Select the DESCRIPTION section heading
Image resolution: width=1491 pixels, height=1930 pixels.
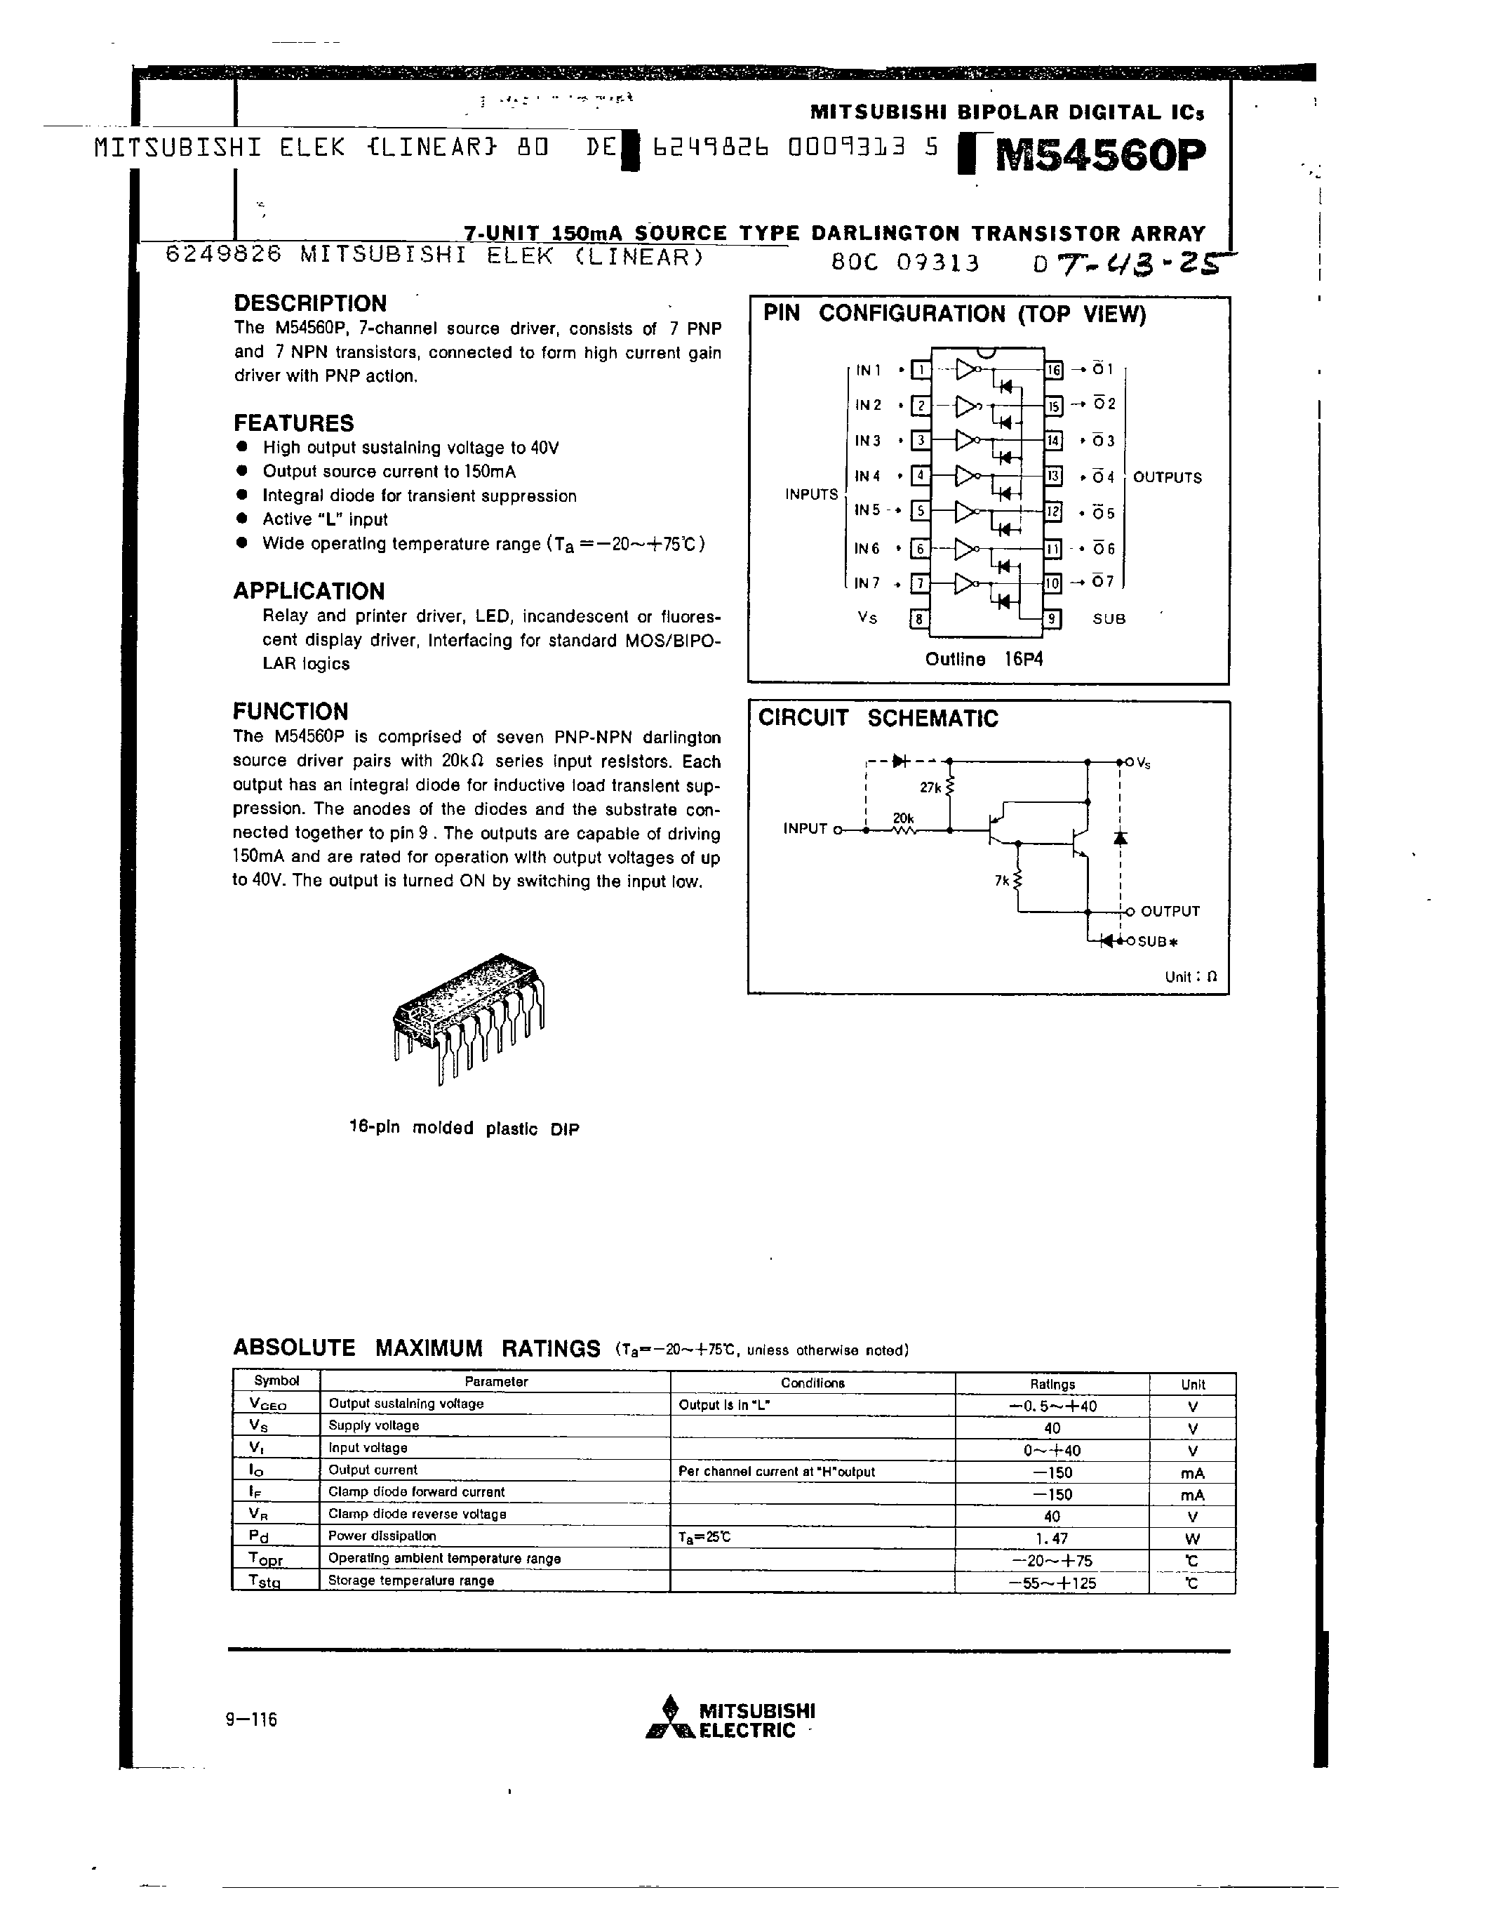click(x=310, y=303)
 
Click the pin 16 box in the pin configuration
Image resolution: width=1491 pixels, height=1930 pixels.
click(x=1054, y=371)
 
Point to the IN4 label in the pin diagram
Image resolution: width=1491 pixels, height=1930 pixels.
click(x=867, y=477)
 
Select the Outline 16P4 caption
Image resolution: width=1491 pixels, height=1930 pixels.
click(x=984, y=659)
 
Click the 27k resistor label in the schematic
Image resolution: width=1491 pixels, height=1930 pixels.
click(x=930, y=787)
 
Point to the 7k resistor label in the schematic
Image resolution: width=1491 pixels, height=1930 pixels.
click(x=1001, y=880)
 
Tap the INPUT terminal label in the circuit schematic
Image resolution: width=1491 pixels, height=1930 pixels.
click(x=805, y=829)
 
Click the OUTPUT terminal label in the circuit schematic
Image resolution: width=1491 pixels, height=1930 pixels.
click(x=1170, y=911)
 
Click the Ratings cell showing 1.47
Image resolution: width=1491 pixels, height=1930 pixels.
click(x=1051, y=1538)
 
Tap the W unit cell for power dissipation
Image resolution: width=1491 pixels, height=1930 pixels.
click(x=1191, y=1538)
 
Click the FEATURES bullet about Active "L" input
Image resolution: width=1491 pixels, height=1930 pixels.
click(x=325, y=519)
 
